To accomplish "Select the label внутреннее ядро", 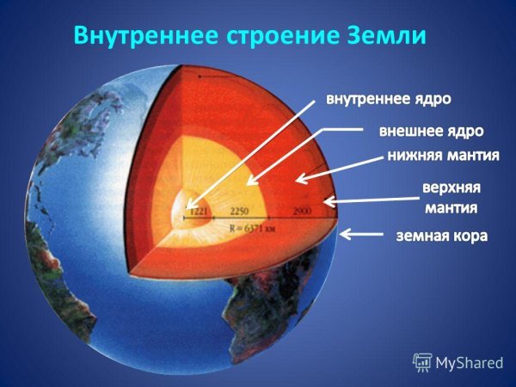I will coord(387,99).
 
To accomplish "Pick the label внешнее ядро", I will coord(431,132).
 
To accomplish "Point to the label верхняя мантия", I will coord(450,197).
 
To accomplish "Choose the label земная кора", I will coord(440,235).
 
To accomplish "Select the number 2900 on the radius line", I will coord(303,211).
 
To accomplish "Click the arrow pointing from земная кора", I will coord(365,233).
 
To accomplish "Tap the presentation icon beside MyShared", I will coord(421,361).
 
